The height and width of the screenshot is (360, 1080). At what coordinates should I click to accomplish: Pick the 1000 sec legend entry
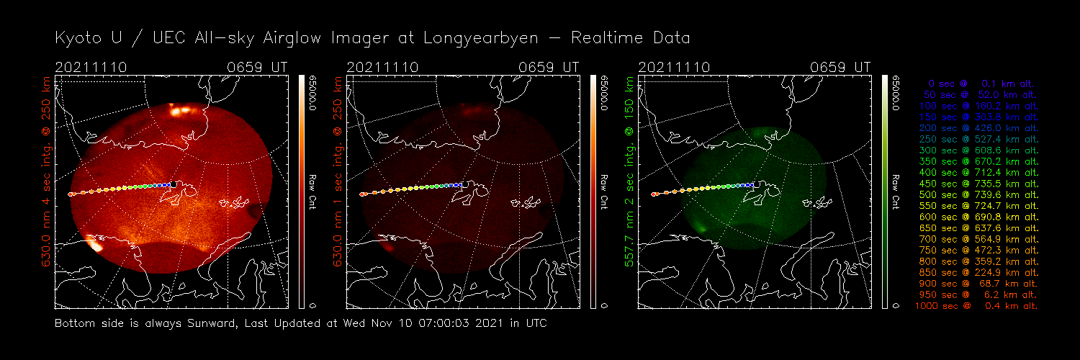pyautogui.click(x=977, y=306)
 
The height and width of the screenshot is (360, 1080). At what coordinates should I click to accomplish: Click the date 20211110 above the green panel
pyautogui.click(x=674, y=67)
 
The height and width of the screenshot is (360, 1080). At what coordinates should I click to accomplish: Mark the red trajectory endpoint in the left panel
pyautogui.click(x=70, y=194)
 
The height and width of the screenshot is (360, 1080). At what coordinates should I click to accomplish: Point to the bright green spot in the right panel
pyautogui.click(x=701, y=228)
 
